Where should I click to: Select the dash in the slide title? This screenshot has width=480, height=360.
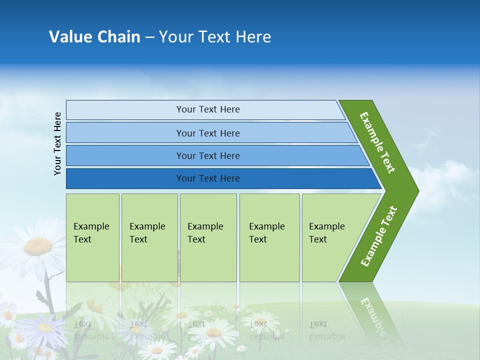[149, 37]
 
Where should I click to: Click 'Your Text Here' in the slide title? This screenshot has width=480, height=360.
[215, 37]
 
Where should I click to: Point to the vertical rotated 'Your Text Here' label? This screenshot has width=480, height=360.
[57, 143]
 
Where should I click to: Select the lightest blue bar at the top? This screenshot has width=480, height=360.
[207, 109]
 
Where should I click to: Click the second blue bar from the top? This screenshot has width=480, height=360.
[207, 133]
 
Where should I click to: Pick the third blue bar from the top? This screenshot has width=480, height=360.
[207, 155]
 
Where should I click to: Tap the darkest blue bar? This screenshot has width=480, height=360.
[207, 178]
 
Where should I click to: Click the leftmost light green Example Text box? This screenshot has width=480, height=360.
[92, 237]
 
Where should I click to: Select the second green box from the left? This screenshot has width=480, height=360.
[149, 237]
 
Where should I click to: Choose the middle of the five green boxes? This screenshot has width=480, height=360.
[208, 237]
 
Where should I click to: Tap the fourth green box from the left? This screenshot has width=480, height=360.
[269, 237]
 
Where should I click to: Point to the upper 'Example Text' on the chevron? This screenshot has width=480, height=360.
[377, 142]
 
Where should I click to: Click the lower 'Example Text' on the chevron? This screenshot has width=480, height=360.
[379, 236]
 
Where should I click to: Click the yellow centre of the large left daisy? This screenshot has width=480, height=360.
[38, 245]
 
